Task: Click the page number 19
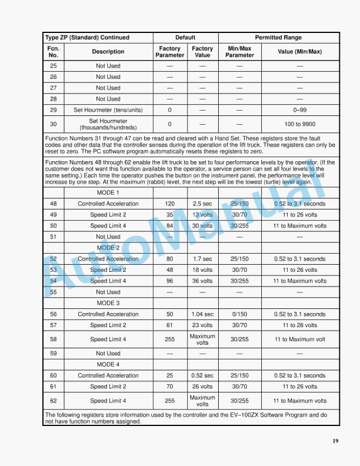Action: pos(335,442)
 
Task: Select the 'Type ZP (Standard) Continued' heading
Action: pos(87,38)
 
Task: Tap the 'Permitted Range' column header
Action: pos(278,38)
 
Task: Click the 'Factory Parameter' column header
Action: pos(169,52)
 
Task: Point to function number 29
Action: pos(53,110)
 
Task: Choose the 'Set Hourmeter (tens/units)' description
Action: pos(108,110)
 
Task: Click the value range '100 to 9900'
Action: pos(299,124)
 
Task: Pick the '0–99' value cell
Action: pos(299,110)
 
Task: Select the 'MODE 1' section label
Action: pos(108,193)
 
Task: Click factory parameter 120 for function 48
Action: pos(169,204)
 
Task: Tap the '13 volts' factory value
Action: pos(202,215)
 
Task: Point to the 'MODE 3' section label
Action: pos(108,303)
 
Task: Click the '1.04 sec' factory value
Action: pos(202,314)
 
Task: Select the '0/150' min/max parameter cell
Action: pos(239,314)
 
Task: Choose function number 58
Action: pos(53,339)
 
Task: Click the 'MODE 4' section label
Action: pos(108,365)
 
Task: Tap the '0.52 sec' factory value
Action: pos(202,375)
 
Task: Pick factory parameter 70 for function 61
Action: pos(169,387)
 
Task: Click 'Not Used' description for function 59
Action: pos(108,354)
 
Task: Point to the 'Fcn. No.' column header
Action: pos(53,52)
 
